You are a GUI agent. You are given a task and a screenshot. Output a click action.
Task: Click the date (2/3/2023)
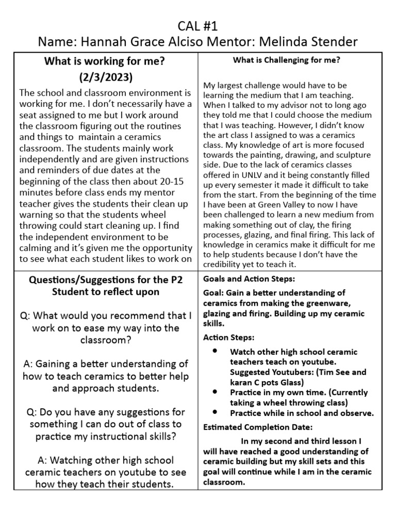pos(105,78)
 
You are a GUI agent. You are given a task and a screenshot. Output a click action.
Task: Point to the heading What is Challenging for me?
pos(286,60)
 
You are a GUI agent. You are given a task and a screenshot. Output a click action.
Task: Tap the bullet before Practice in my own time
pos(214,392)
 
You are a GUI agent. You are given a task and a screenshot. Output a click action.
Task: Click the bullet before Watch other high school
pos(214,351)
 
